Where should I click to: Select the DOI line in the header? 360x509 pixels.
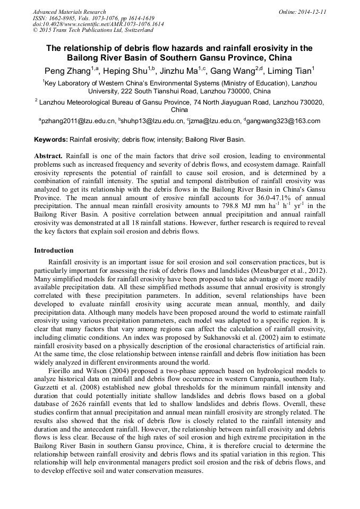(98, 24)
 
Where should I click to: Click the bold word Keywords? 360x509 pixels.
(50, 140)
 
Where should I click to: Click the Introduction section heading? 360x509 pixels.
(54, 250)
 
